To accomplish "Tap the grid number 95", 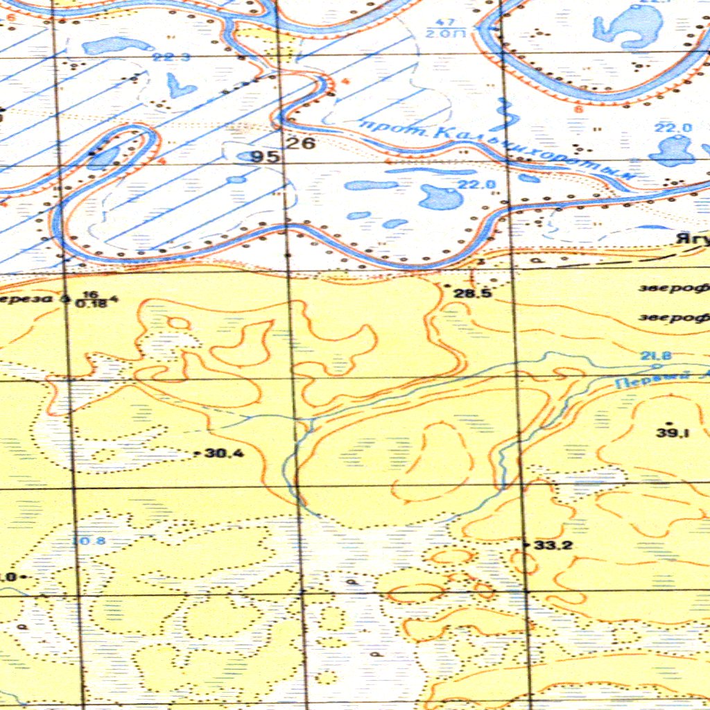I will click(266, 157).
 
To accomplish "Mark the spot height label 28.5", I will click(473, 293).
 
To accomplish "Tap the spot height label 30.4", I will click(225, 453).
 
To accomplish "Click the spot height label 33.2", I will click(553, 546).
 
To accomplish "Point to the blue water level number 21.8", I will click(656, 356).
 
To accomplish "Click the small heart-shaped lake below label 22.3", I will click(181, 85).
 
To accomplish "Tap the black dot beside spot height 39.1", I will click(668, 422).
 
